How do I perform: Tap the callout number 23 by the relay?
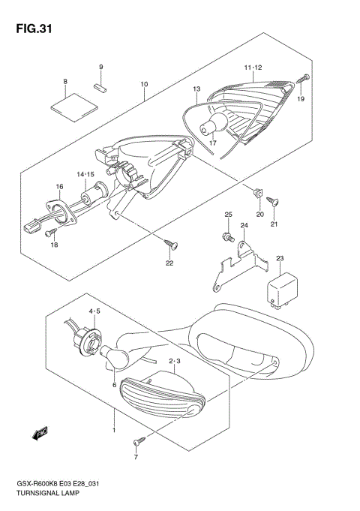280,259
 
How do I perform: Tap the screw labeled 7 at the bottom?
136,442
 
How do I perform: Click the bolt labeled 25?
226,236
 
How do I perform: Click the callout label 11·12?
253,69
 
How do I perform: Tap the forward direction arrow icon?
37,432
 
